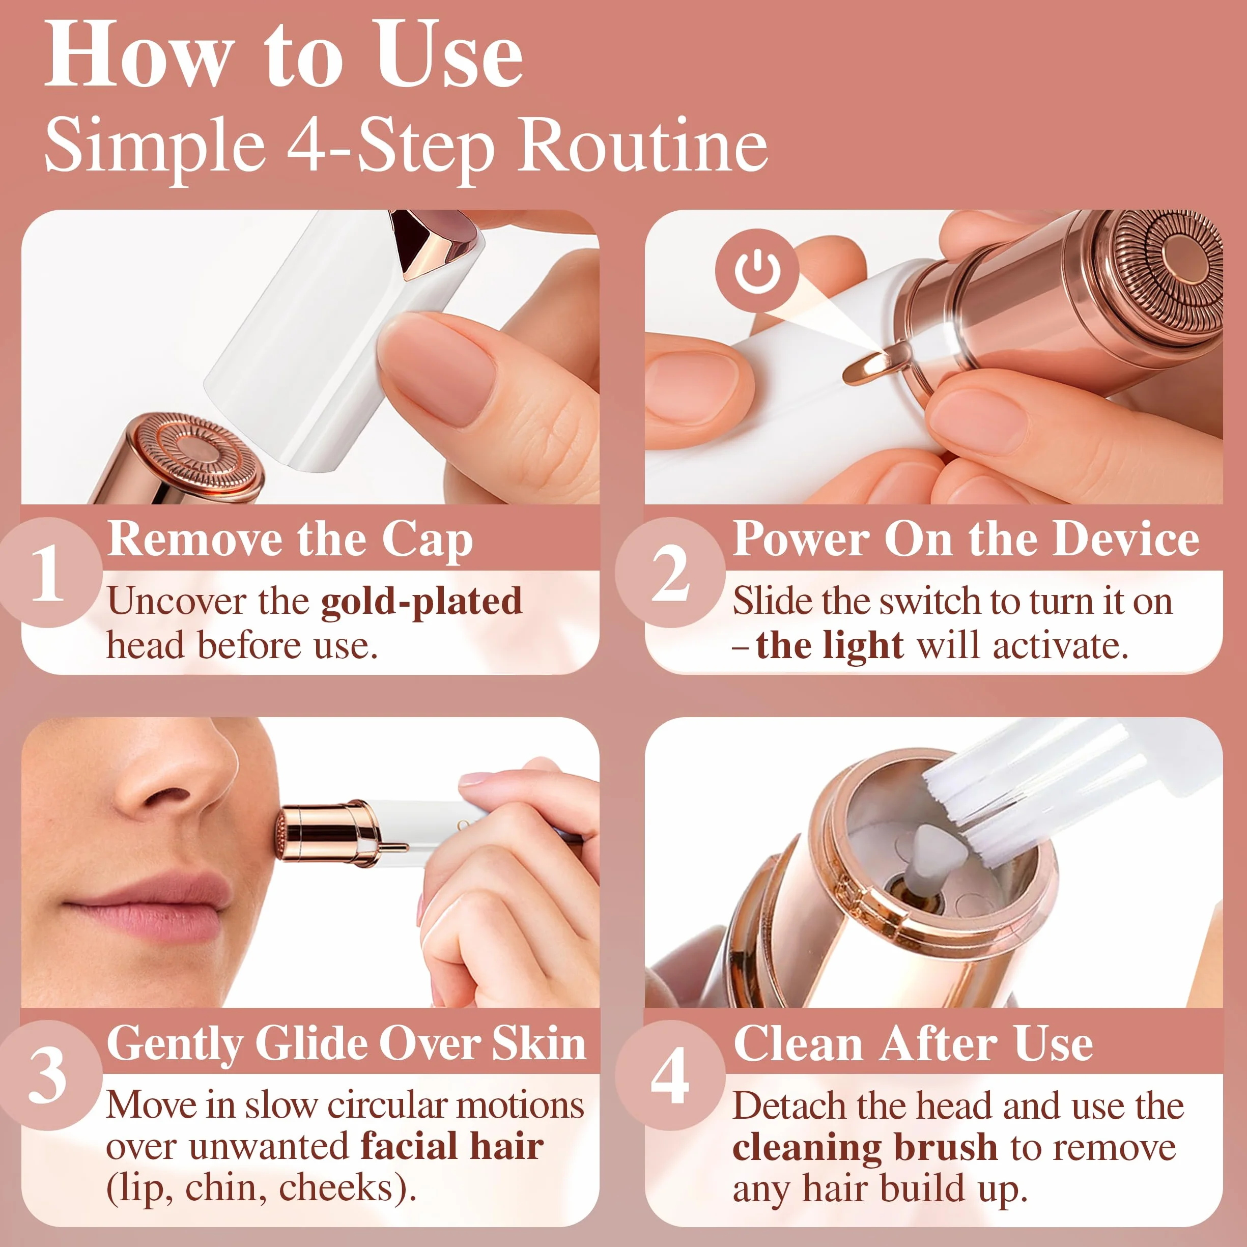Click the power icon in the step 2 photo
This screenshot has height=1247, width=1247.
(x=756, y=271)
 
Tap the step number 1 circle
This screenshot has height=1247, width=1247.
(x=48, y=572)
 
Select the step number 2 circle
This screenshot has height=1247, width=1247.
(x=670, y=572)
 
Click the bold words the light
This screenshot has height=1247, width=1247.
(x=830, y=646)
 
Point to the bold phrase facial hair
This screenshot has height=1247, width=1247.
(x=452, y=1147)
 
